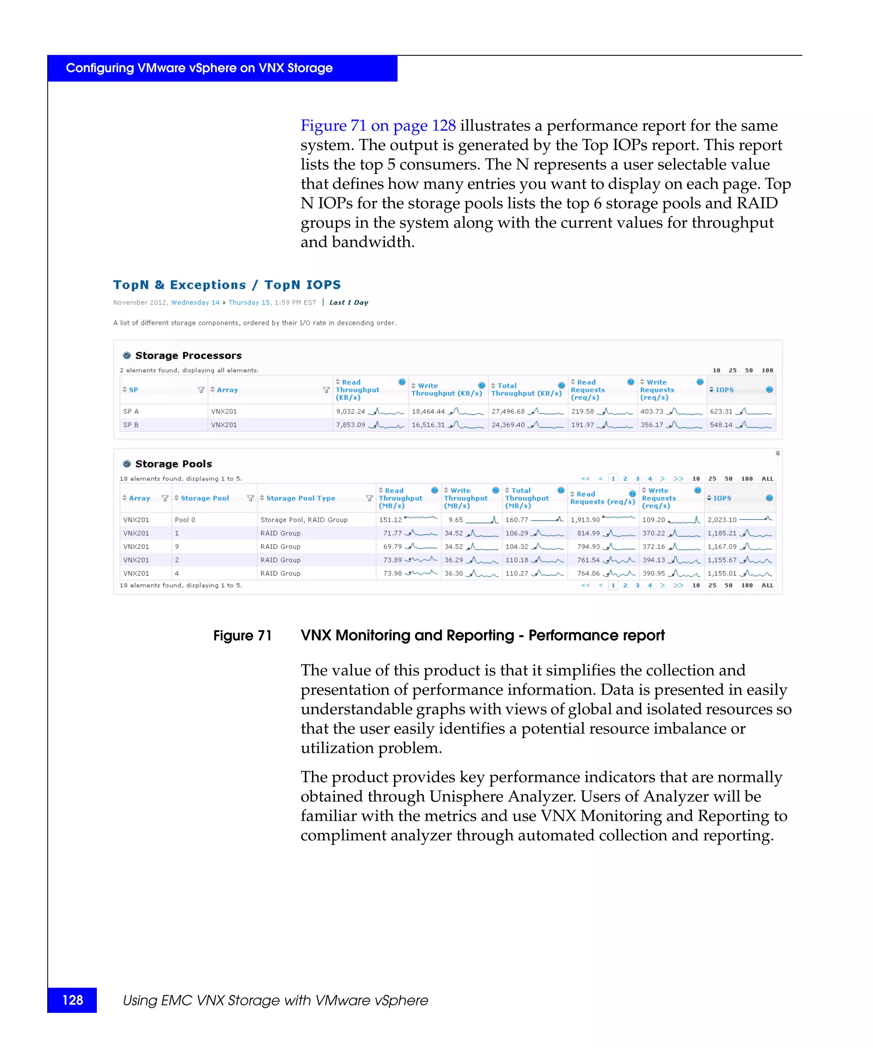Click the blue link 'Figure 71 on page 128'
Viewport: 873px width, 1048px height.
click(x=378, y=125)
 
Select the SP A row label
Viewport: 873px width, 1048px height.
click(x=131, y=411)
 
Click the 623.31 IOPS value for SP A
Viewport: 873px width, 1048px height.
click(x=721, y=411)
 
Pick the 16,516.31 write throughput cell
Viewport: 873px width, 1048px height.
click(x=428, y=425)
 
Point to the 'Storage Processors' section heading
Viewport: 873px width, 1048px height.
click(x=188, y=355)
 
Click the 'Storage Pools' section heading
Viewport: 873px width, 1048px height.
click(x=173, y=463)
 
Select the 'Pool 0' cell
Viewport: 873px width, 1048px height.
click(x=185, y=519)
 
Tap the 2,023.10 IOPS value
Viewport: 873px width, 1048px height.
click(x=721, y=519)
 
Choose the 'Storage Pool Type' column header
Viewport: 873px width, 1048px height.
click(x=301, y=498)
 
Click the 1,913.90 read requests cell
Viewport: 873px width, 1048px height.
click(x=585, y=519)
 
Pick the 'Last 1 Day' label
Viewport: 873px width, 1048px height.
click(x=348, y=302)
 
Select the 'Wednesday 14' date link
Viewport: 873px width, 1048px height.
click(x=195, y=302)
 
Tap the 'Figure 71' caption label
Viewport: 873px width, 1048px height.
click(x=243, y=635)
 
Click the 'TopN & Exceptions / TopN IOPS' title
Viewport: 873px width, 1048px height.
click(x=227, y=284)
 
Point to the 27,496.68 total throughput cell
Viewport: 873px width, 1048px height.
click(x=508, y=411)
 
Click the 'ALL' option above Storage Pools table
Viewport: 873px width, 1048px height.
click(x=767, y=478)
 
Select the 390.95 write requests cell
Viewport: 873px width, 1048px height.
click(x=653, y=573)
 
